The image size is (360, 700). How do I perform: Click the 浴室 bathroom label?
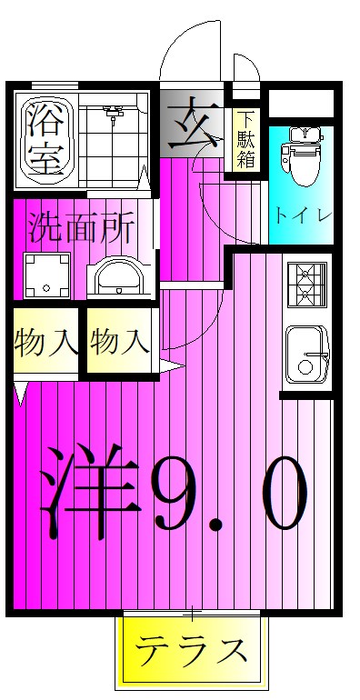click(x=44, y=137)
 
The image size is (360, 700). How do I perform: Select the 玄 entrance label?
click(x=192, y=128)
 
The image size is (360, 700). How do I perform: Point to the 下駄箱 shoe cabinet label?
click(x=245, y=139)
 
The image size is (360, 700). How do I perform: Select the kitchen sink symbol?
click(x=307, y=355)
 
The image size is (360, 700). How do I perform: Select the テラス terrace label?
click(x=192, y=651)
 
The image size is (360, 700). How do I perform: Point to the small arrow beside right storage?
click(x=172, y=367)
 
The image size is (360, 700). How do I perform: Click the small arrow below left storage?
click(x=21, y=394)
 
